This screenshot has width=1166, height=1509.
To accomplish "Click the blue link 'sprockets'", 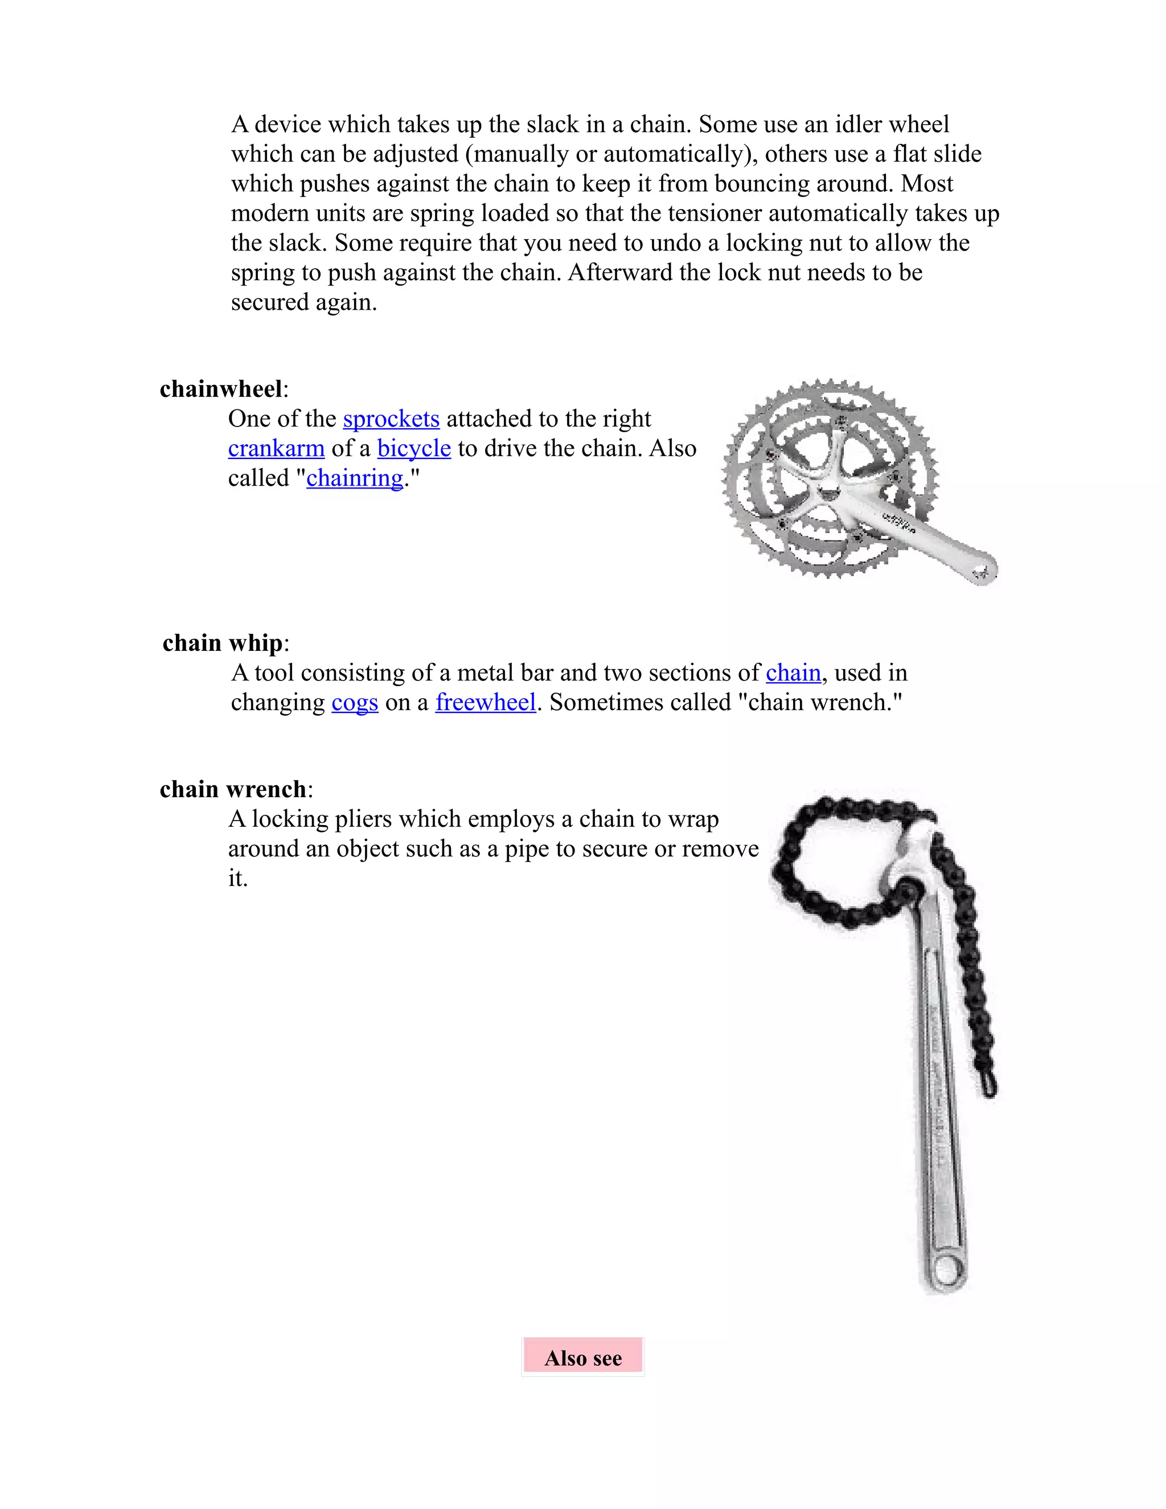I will click(x=391, y=420).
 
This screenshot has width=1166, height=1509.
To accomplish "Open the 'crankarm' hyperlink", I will click(x=276, y=449).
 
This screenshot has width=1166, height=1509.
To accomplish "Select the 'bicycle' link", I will click(x=414, y=449).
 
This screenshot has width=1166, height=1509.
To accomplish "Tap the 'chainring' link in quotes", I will click(x=354, y=479).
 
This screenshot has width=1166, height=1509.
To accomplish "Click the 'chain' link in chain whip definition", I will click(x=793, y=673).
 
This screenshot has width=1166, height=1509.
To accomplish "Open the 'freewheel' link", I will click(x=486, y=703).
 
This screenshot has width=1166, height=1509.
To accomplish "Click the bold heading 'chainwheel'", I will click(x=221, y=389).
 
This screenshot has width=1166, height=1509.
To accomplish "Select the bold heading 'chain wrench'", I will click(x=233, y=789).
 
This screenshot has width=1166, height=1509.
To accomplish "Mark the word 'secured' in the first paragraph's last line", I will click(x=270, y=302).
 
